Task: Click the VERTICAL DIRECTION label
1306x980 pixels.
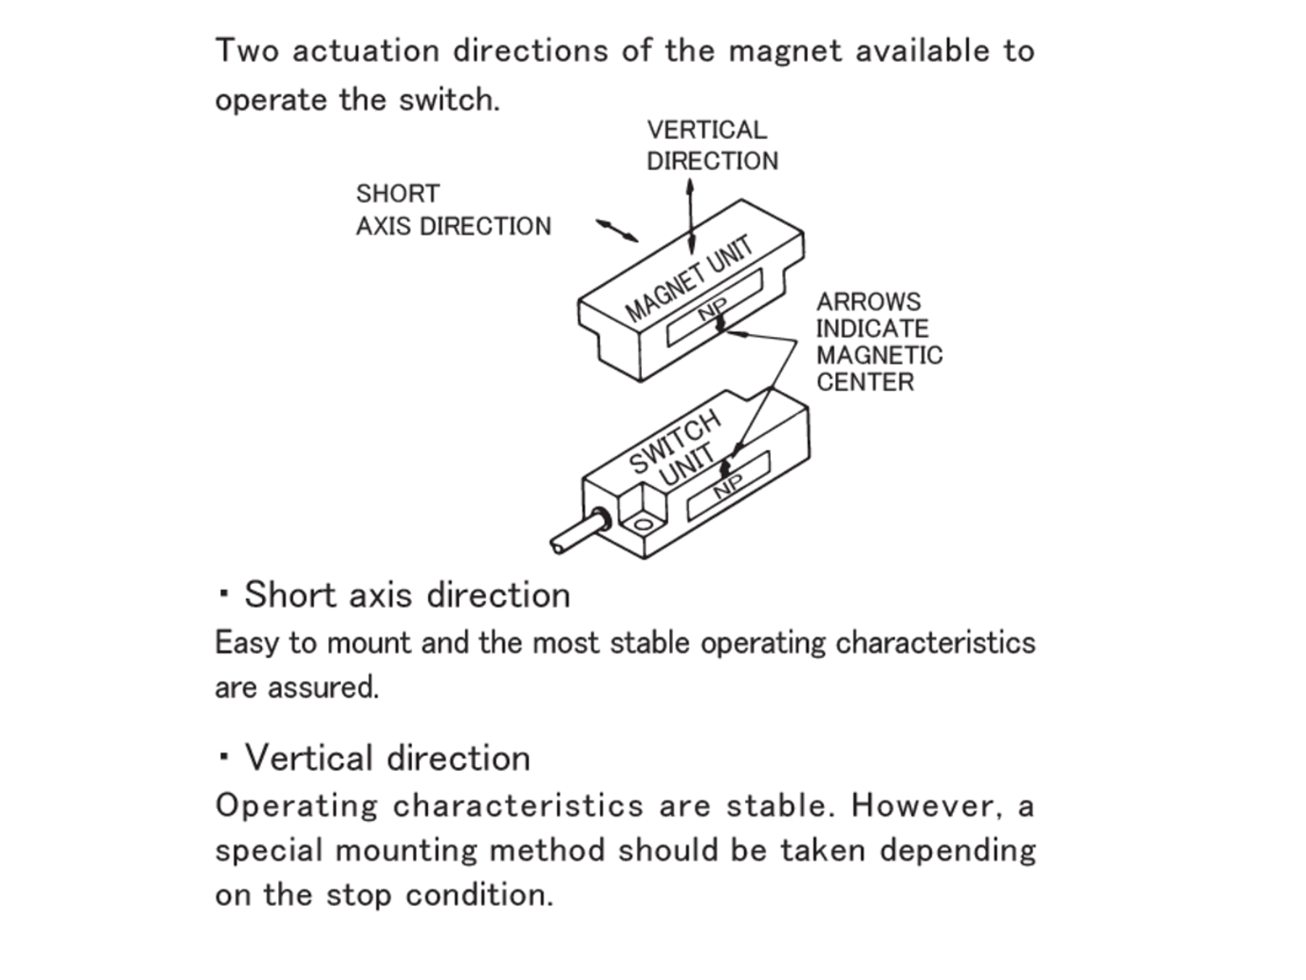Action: tap(712, 145)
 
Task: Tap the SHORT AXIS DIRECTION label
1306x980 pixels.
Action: tap(453, 210)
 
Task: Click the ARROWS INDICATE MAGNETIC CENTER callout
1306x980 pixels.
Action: tap(878, 341)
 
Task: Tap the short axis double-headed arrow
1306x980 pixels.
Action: tap(617, 231)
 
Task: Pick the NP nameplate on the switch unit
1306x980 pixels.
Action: tap(728, 486)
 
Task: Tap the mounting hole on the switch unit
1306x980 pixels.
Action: tap(643, 527)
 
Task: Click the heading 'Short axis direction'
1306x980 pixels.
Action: tap(407, 595)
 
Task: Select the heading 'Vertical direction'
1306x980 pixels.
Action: tap(387, 758)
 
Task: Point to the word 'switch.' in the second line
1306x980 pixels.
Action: tap(449, 100)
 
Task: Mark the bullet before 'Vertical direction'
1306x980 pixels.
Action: tap(225, 757)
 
